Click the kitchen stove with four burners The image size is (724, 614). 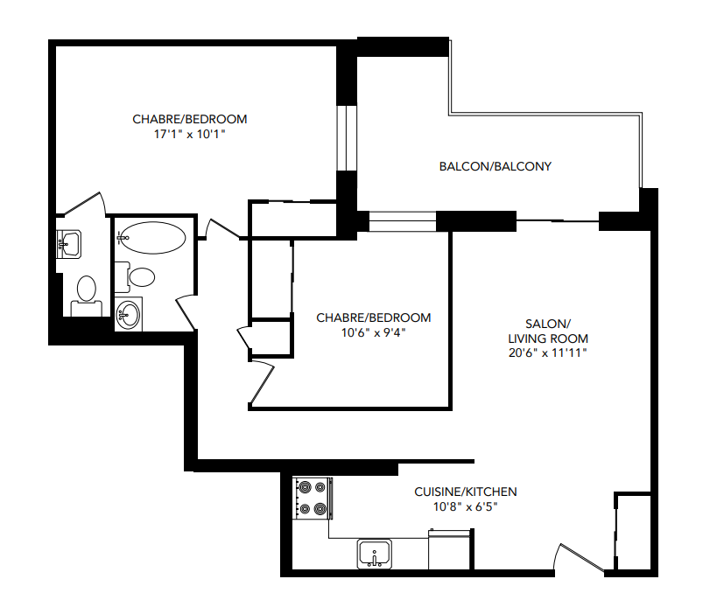(x=313, y=498)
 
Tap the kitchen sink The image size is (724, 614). (x=376, y=553)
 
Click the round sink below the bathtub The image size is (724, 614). (x=130, y=314)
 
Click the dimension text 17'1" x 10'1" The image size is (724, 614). (x=189, y=135)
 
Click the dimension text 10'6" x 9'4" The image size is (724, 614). (x=373, y=332)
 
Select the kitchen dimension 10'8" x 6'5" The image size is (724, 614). (x=465, y=506)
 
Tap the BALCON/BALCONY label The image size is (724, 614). (x=495, y=166)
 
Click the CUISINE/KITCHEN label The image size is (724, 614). (x=465, y=492)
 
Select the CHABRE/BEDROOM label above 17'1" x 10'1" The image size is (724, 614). (x=189, y=119)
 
